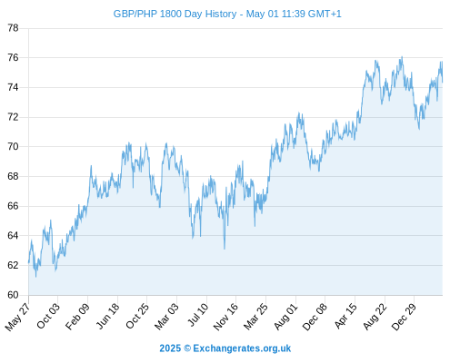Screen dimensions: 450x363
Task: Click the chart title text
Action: tap(227, 14)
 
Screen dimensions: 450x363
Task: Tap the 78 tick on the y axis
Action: tap(13, 28)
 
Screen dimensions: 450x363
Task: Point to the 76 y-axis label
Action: tap(13, 57)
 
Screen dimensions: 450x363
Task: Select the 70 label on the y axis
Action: tap(13, 147)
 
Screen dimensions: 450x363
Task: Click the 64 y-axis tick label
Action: tap(13, 235)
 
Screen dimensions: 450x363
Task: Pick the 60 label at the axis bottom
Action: tap(13, 295)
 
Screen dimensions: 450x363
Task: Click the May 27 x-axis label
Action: tap(18, 317)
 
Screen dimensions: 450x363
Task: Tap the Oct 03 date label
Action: tap(48, 316)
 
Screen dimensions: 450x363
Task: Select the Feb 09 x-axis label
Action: tap(78, 316)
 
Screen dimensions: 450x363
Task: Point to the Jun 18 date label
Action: tap(108, 316)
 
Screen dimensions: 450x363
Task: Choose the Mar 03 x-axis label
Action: tap(166, 317)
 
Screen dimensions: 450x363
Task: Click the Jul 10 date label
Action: tap(198, 315)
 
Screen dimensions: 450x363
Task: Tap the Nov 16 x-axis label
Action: tap(225, 317)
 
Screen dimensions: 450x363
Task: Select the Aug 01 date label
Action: tap(286, 317)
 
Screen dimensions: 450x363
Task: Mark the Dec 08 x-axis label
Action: tap(315, 317)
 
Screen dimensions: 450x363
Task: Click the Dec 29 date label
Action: tap(405, 317)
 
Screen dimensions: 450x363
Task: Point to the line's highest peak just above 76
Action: tap(402, 56)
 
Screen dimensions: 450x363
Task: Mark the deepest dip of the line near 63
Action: tap(225, 249)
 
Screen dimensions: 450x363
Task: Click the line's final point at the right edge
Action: tap(443, 82)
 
